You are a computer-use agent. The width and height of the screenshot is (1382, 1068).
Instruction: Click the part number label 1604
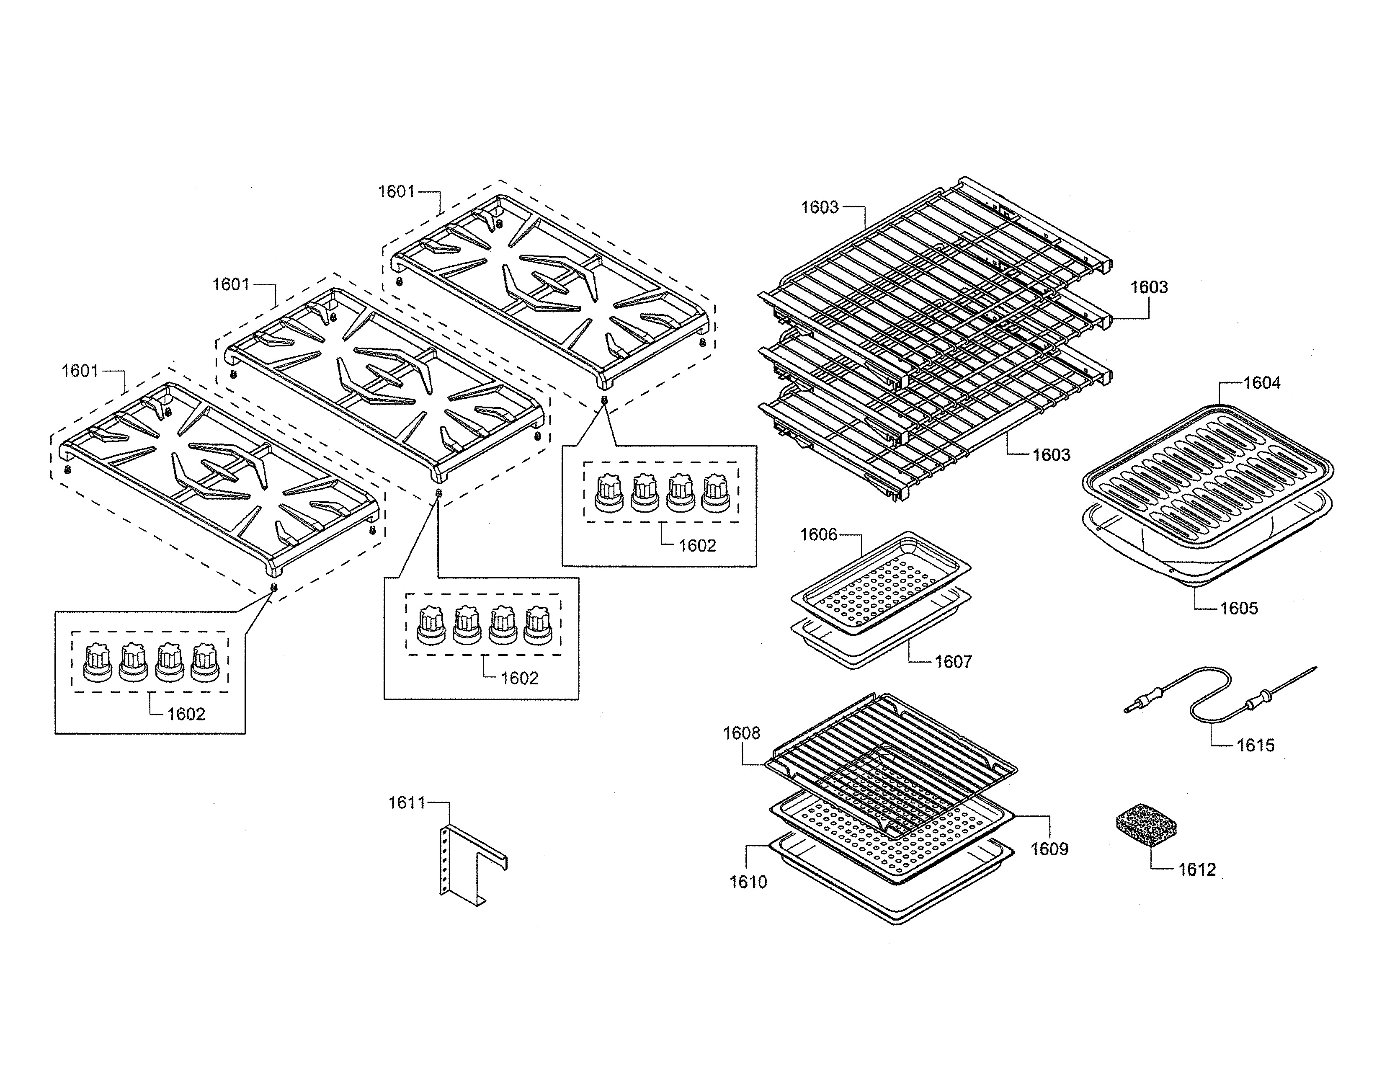coord(1261,383)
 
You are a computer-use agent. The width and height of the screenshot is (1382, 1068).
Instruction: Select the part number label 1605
coord(1238,608)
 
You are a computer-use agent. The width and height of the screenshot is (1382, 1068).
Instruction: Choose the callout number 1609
coord(1049,849)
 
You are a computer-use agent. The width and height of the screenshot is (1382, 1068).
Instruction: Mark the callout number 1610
coord(748,882)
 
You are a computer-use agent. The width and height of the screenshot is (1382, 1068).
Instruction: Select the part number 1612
coord(1196,869)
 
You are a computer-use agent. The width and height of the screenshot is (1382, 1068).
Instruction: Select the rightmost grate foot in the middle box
coord(538,625)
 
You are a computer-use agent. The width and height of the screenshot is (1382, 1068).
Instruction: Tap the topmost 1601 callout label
coord(396,192)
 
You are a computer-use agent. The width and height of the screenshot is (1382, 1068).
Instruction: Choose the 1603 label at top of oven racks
coord(820,207)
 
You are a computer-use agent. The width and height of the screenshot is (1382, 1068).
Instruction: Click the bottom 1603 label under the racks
coord(1051,455)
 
